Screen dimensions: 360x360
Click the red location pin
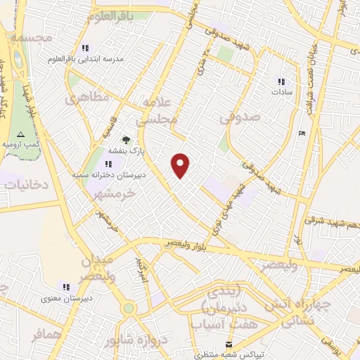point(181,165)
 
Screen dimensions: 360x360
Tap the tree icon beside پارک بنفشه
point(126,140)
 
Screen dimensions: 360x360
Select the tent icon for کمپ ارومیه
point(20,134)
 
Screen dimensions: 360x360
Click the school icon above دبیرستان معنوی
point(66,287)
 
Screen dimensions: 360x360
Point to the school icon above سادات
point(281,82)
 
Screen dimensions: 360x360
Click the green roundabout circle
point(129,308)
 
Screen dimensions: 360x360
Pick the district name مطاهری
point(88,97)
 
